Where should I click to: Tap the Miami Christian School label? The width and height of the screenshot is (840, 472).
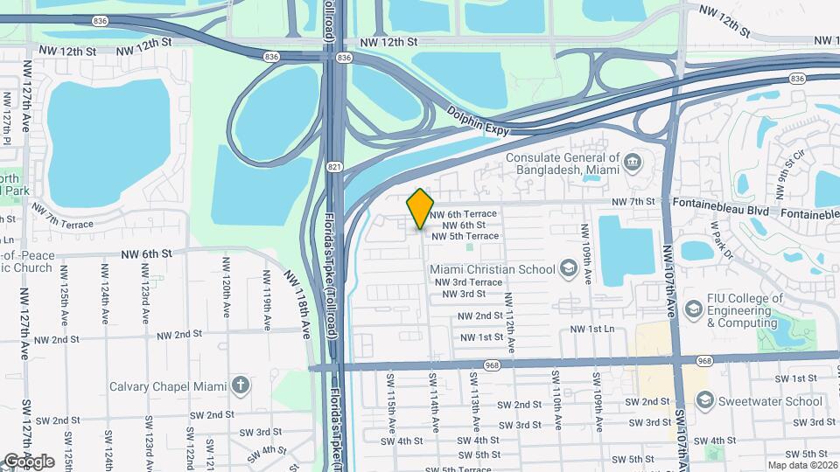(x=493, y=268)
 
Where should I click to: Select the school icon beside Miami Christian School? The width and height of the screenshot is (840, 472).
(x=568, y=267)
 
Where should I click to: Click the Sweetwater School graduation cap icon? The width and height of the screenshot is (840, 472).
(x=705, y=399)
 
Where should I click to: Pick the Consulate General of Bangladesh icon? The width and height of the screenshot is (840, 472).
(x=633, y=163)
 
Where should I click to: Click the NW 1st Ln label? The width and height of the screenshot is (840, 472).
(x=592, y=329)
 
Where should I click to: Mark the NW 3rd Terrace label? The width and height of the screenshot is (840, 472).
(x=467, y=282)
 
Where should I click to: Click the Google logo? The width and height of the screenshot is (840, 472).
(x=29, y=462)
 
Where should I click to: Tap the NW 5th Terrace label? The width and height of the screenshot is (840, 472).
(x=464, y=236)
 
